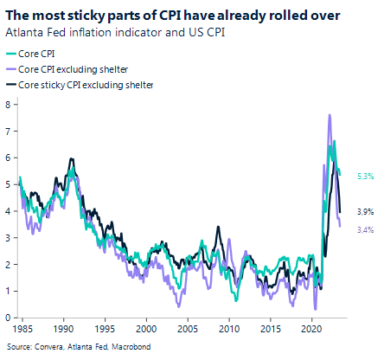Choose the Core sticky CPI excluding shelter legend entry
coord(91,85)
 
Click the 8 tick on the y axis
coord(8,104)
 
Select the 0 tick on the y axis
coord(8,318)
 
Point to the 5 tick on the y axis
coord(8,184)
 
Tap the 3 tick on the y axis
coord(8,238)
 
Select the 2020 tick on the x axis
coord(310,330)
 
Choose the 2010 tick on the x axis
coord(228,330)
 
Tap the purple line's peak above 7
coord(330,115)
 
